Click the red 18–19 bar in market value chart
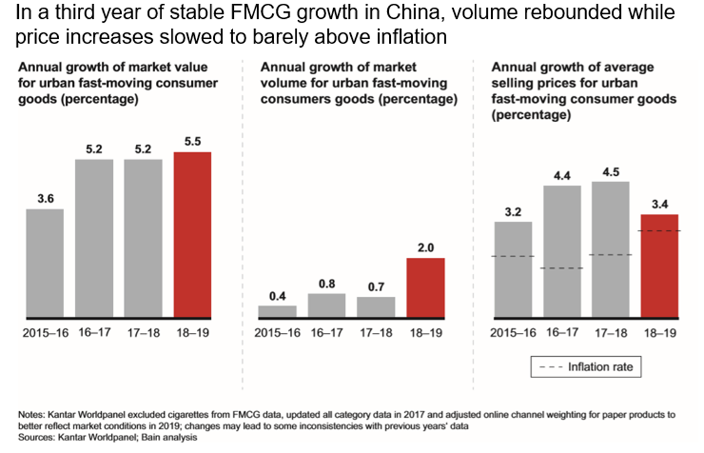tap(192, 234)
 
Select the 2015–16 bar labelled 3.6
tap(45, 263)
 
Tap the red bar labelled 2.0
tap(426, 287)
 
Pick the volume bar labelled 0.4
tap(277, 311)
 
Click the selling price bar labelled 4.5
tap(610, 249)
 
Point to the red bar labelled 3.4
tap(659, 266)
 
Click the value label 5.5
tap(192, 142)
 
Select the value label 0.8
tap(327, 284)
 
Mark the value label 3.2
tap(513, 212)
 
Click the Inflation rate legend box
tap(586, 367)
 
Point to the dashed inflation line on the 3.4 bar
tap(659, 231)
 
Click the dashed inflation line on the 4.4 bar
tap(561, 269)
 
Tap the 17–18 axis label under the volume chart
tap(376, 333)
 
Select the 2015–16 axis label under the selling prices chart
tap(513, 333)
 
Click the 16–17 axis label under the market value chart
tap(94, 333)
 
